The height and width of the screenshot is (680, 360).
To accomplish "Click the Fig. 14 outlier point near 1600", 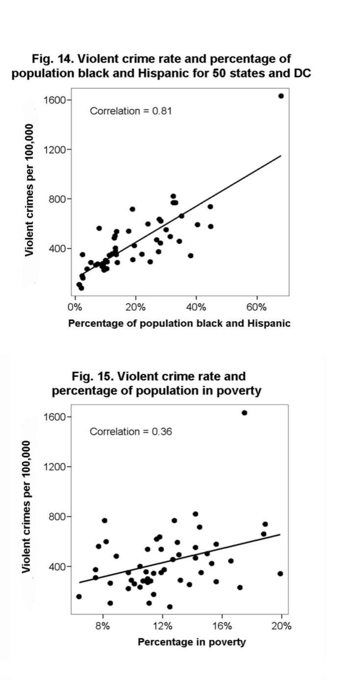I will point(281,96).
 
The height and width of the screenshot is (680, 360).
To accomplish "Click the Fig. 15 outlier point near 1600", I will point(244,413).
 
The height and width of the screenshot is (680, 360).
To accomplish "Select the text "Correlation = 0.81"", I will point(130,111).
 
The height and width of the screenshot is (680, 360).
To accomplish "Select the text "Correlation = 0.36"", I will point(130,431).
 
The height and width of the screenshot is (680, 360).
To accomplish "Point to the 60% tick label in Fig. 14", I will point(256,307).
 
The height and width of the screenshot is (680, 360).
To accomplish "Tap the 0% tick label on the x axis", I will point(75,307).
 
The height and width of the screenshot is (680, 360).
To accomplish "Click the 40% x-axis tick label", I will point(196,307).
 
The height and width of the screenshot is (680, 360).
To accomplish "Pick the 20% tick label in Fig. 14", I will point(135,307).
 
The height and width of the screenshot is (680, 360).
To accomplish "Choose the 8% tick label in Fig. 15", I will point(103,626).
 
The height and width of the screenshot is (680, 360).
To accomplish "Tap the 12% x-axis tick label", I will point(162,626).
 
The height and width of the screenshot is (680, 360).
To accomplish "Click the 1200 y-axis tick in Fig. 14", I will point(54,149).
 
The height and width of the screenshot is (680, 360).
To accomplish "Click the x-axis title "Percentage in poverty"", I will point(191,642).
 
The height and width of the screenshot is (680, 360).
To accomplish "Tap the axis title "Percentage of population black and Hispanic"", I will point(179,323).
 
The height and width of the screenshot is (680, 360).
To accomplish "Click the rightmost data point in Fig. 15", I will point(280,574).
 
